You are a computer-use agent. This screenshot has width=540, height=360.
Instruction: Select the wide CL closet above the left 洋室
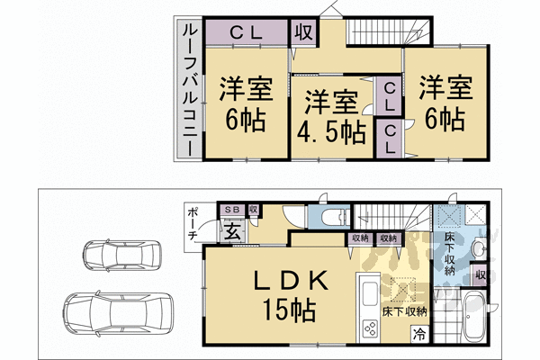pos(245,32)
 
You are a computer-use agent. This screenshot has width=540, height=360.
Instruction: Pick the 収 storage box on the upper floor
pos(304,32)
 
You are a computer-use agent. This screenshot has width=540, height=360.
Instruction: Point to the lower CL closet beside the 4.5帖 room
pos(390,139)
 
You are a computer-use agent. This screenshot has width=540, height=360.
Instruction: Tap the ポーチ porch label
pos(193,222)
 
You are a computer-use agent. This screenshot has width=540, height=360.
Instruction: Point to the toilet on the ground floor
pos(329,217)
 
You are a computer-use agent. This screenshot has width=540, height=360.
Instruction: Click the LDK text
pos(270,282)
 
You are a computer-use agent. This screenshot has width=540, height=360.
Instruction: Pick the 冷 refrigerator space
pos(419,334)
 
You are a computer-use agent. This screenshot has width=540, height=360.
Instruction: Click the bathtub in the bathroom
pos(471,319)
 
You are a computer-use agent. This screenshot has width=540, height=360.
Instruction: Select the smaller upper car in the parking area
pos(112,256)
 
